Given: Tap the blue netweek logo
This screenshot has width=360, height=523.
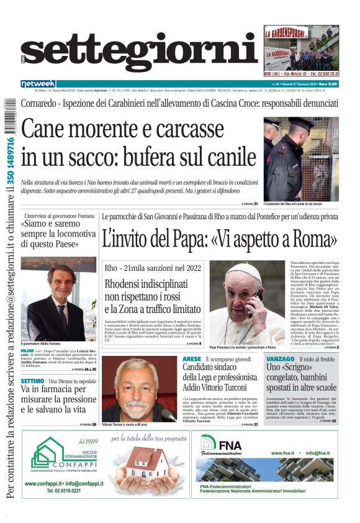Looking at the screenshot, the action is coord(38,84).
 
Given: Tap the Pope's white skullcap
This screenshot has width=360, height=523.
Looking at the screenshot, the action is coord(243,268).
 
